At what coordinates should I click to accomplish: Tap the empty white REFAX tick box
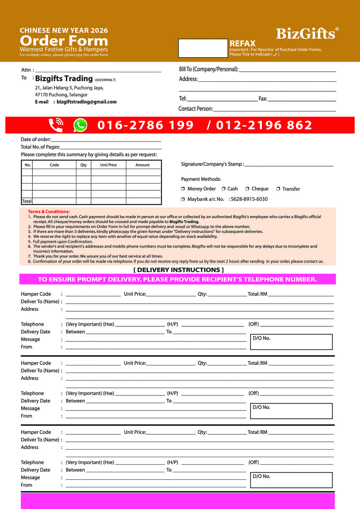(x=203, y=48)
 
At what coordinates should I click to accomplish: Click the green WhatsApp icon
(x=80, y=125)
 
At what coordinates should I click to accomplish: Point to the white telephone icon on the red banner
(x=56, y=125)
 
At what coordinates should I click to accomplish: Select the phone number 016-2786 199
(x=145, y=125)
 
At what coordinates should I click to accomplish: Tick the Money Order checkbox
(x=183, y=189)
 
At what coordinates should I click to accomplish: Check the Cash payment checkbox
(x=224, y=189)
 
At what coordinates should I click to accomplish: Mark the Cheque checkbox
(x=247, y=189)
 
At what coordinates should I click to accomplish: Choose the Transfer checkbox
(x=278, y=189)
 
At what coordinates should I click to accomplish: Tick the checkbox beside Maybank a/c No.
(x=183, y=199)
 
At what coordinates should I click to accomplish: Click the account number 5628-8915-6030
(x=249, y=199)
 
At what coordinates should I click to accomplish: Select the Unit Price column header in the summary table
(x=108, y=165)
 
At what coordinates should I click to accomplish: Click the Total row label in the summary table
(x=27, y=201)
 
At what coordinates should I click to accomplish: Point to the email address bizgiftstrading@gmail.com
(x=86, y=102)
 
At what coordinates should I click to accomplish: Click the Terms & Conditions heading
(x=49, y=212)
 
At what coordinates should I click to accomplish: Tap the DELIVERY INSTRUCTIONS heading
(x=179, y=270)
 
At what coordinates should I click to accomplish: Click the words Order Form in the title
(x=64, y=41)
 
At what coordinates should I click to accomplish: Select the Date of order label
(x=36, y=140)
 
